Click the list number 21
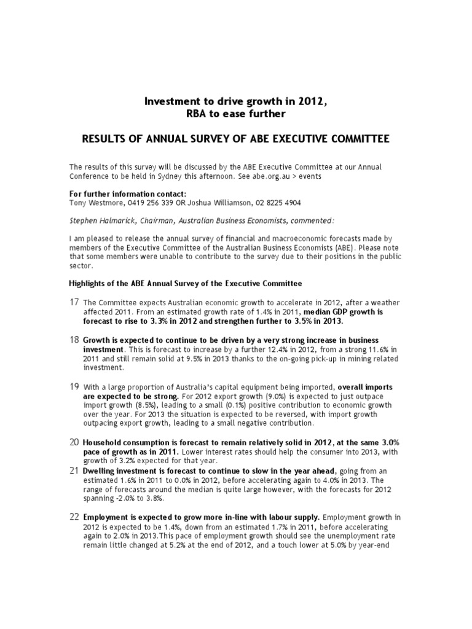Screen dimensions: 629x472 (x=74, y=471)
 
